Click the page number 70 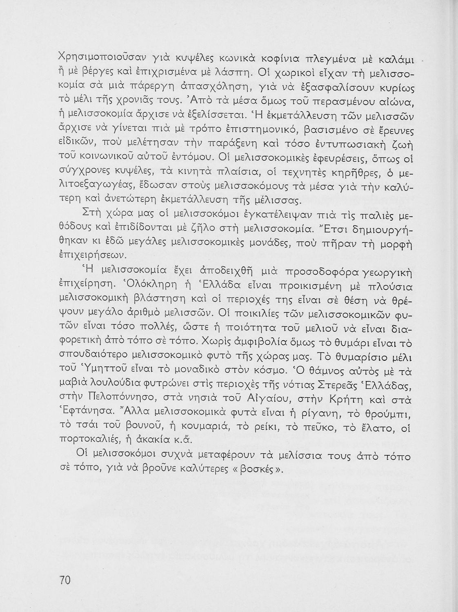[65, 580]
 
